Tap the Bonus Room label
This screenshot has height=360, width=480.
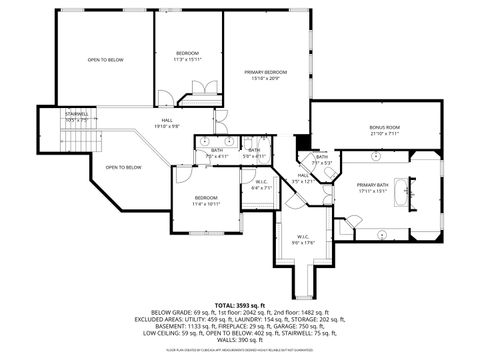[x=384, y=127]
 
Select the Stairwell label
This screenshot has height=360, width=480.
[x=77, y=114]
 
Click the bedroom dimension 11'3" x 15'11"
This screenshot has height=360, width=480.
[x=188, y=59]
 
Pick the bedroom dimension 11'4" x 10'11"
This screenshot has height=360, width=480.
[x=206, y=204]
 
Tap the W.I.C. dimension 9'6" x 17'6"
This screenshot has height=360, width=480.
[x=302, y=242]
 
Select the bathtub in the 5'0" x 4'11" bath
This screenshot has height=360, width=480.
[x=255, y=143]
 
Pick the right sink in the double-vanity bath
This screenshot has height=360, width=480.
[x=230, y=141]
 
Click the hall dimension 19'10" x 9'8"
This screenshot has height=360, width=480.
[x=167, y=126]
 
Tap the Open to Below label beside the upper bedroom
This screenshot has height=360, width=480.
[x=105, y=59]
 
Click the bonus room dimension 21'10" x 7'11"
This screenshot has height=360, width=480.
[x=384, y=133]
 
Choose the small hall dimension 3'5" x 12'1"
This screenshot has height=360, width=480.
[x=304, y=181]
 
